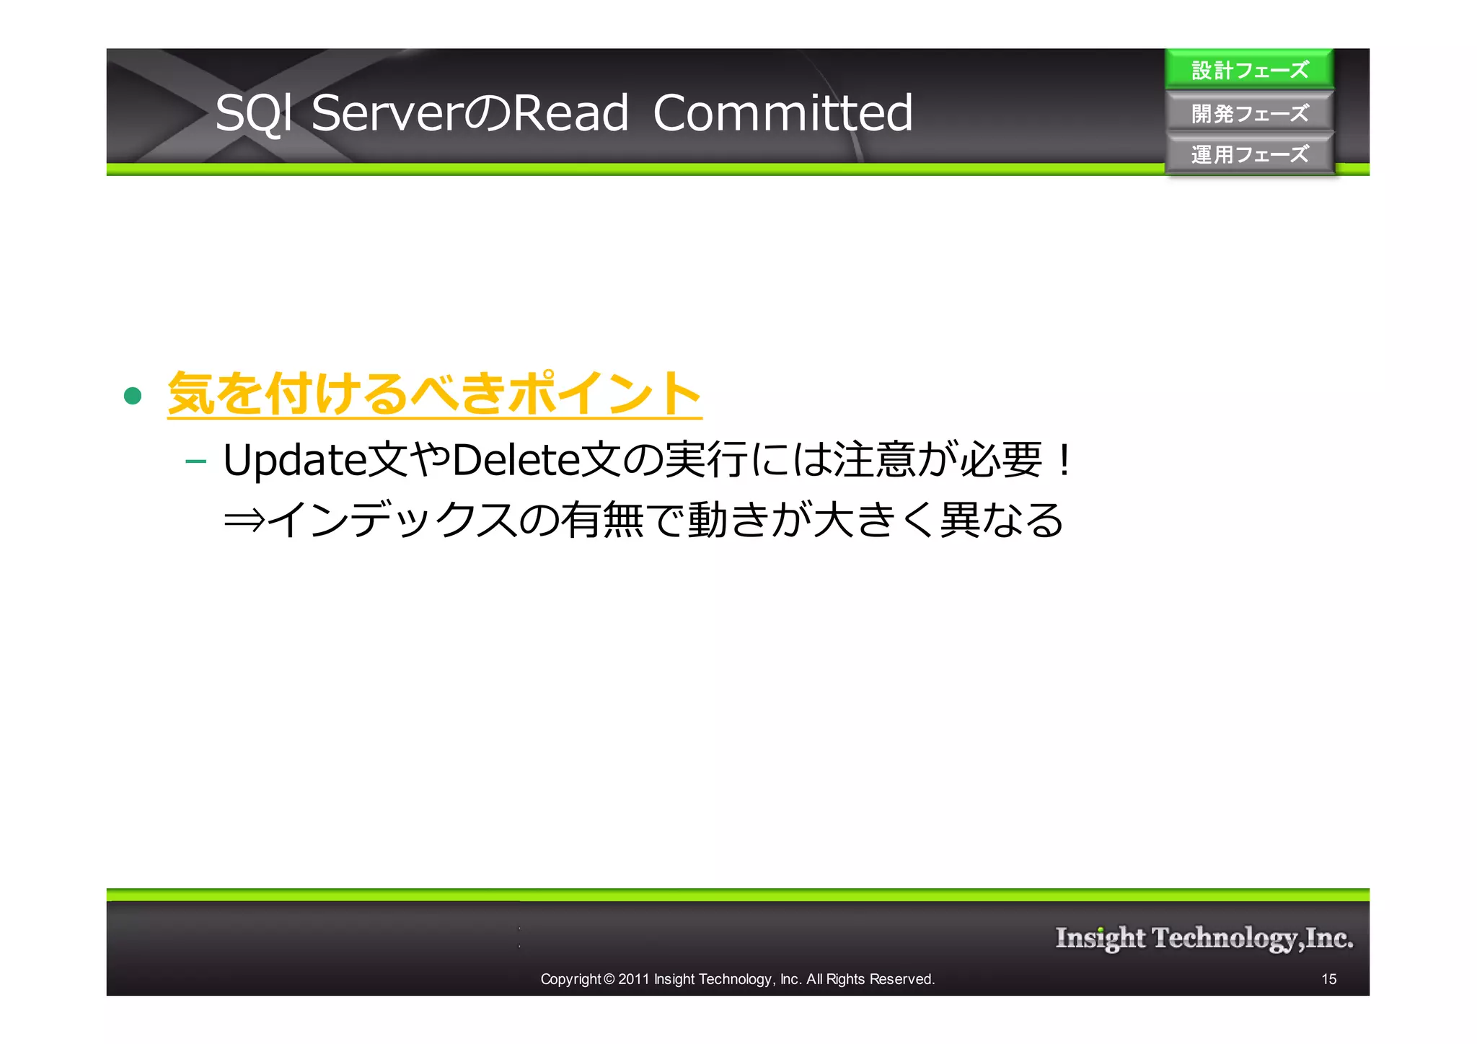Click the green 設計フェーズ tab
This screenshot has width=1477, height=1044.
pyautogui.click(x=1249, y=70)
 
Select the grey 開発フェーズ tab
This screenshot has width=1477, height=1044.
pyautogui.click(x=1249, y=113)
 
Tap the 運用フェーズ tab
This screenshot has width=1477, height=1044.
pyautogui.click(x=1249, y=154)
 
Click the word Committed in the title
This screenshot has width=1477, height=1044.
pyautogui.click(x=782, y=113)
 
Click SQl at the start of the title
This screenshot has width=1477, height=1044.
pyautogui.click(x=255, y=113)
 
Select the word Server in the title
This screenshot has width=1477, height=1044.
pyautogui.click(x=387, y=113)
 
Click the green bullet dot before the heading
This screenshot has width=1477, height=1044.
pyautogui.click(x=133, y=395)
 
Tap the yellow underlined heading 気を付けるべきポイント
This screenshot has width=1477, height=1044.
pyautogui.click(x=434, y=394)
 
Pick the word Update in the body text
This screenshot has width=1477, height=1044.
pyautogui.click(x=294, y=460)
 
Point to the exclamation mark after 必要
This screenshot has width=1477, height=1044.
pyautogui.click(x=1063, y=460)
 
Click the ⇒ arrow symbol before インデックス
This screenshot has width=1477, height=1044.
pyautogui.click(x=244, y=520)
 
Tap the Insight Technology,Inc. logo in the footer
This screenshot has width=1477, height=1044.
pyautogui.click(x=1204, y=938)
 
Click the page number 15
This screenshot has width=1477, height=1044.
pyautogui.click(x=1328, y=979)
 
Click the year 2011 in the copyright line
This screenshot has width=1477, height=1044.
pyautogui.click(x=634, y=979)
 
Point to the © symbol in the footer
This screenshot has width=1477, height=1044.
pyautogui.click(x=609, y=979)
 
